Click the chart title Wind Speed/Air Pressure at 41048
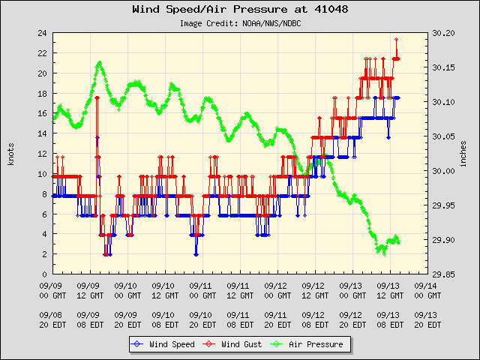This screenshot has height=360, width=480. [x=240, y=10]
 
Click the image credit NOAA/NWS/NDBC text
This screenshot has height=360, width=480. [x=240, y=23]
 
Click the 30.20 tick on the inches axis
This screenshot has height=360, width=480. [x=443, y=34]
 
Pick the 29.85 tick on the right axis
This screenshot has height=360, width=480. [x=443, y=275]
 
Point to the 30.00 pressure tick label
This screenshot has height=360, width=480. [x=443, y=172]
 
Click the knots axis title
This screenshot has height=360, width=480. [x=10, y=154]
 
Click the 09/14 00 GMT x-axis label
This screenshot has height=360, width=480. [x=426, y=290]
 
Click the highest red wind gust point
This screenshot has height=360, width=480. [x=396, y=39]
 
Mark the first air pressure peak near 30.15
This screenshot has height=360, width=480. [x=99, y=63]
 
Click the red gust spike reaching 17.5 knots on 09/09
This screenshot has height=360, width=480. [x=97, y=98]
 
